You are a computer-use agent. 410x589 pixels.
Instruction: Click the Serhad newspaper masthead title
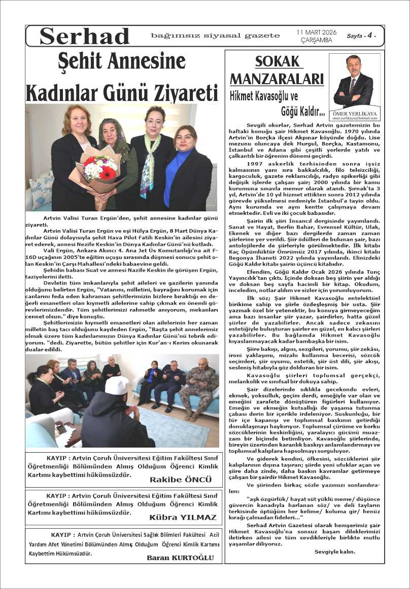85,36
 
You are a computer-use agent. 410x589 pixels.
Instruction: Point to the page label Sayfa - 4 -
361,36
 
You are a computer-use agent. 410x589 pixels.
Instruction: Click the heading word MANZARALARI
277,79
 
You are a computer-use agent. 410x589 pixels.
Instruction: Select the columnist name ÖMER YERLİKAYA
354,114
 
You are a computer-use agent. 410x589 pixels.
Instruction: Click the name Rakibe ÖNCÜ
181,480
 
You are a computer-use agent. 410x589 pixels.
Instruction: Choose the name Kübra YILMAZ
183,518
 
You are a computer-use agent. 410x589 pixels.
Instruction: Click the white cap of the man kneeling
117,385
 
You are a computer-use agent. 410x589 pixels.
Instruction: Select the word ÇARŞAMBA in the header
316,40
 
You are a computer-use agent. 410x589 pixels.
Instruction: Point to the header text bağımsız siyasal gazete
215,35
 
